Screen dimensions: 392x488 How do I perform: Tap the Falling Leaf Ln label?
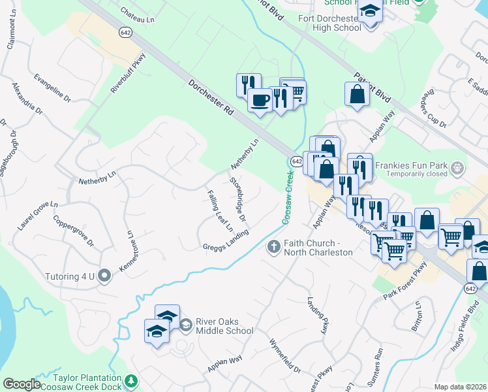[220, 211]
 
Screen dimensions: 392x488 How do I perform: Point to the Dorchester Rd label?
[211, 98]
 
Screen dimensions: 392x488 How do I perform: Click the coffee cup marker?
[260, 101]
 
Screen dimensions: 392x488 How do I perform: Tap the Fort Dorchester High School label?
[329, 23]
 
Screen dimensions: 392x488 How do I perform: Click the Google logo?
[22, 384]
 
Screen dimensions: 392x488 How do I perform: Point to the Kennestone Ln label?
[124, 251]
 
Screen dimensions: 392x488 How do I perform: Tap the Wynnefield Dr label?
[285, 356]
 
